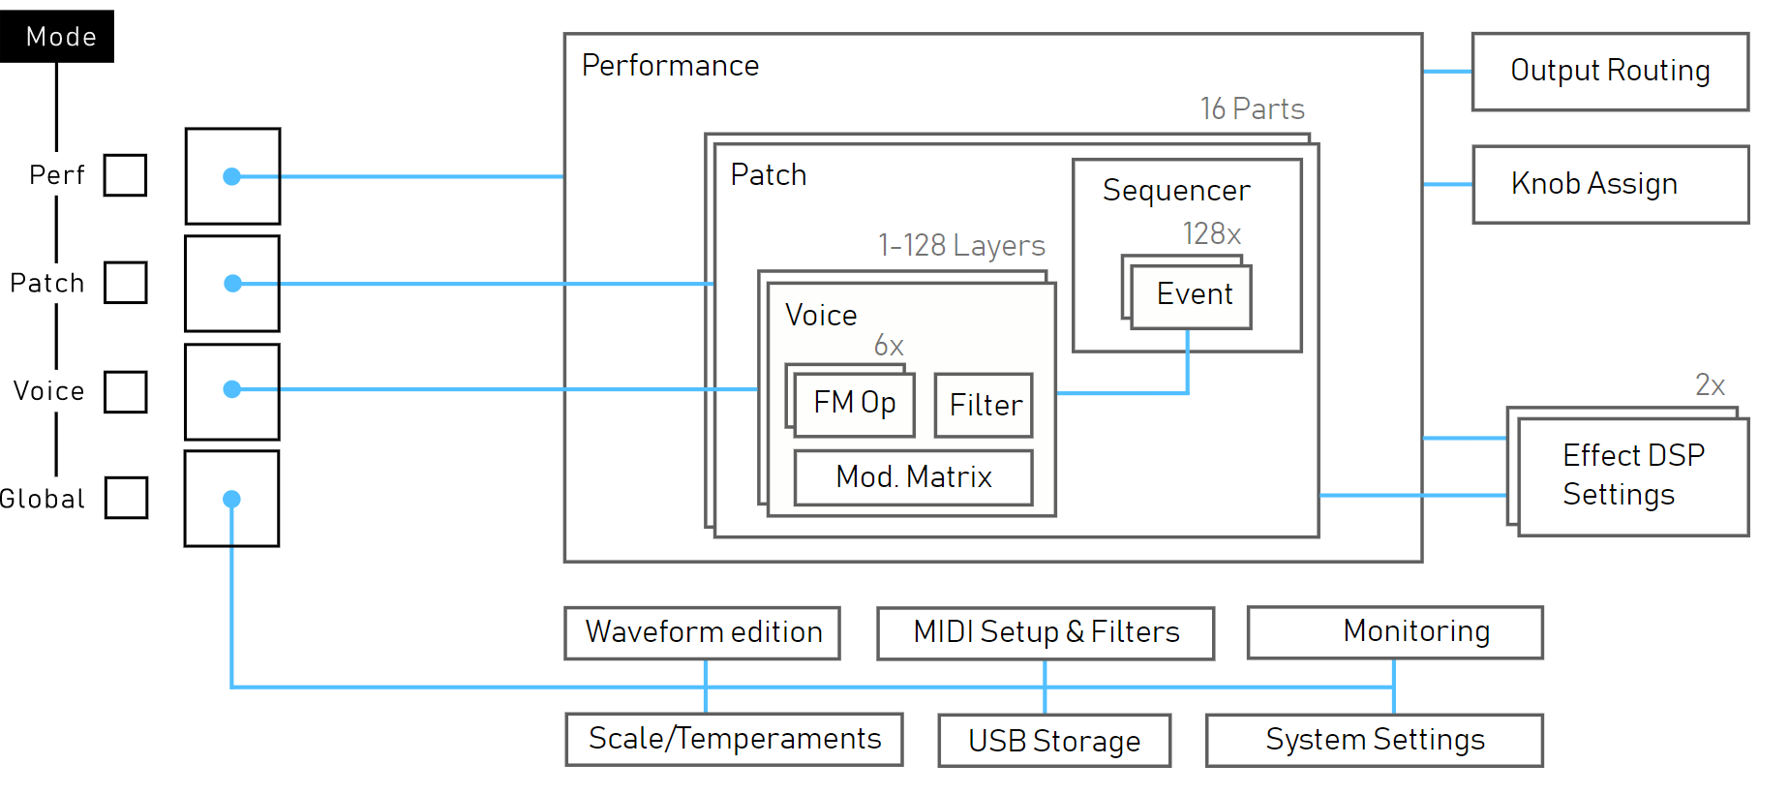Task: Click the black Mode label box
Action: (57, 37)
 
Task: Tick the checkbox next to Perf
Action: (126, 175)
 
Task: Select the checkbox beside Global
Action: (126, 498)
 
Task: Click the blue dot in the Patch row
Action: (232, 284)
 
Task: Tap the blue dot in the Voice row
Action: (231, 389)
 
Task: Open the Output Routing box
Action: (1610, 72)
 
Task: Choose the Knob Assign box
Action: (1610, 184)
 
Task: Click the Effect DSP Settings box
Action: (1633, 475)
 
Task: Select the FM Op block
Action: (854, 404)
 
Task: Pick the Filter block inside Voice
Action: (984, 405)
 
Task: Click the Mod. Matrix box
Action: (913, 477)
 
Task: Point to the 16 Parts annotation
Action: (1252, 109)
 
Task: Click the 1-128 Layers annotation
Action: (961, 246)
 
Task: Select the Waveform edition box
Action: (703, 633)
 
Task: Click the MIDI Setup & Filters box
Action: (1046, 633)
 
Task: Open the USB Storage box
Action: (1054, 741)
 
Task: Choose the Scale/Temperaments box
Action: (735, 740)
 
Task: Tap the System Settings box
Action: (1374, 741)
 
